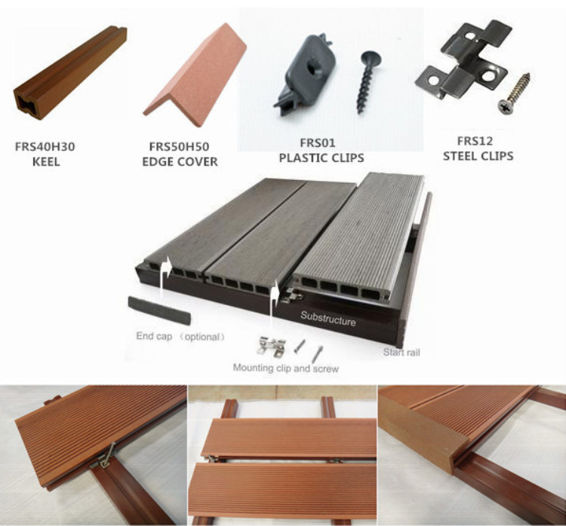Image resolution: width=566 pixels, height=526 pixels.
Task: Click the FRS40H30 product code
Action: (x=45, y=147)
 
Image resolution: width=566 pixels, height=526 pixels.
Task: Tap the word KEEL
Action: (x=46, y=161)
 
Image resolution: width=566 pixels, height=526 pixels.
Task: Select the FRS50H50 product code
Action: (x=179, y=147)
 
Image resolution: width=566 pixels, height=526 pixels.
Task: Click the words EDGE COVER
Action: (x=180, y=161)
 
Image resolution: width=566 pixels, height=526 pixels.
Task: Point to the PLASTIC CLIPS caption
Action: (x=321, y=158)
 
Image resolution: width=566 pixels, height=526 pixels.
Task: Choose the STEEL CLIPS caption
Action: (x=478, y=156)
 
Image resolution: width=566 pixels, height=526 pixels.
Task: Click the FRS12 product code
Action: (x=475, y=141)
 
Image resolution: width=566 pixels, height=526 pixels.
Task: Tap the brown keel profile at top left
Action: (x=70, y=72)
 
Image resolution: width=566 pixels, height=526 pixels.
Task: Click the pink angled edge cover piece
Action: (x=195, y=75)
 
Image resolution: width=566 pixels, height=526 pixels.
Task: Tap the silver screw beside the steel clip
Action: (x=514, y=93)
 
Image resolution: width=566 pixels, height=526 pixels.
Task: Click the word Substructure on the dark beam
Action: (x=328, y=319)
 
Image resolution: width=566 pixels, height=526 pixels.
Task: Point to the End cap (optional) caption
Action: (x=180, y=337)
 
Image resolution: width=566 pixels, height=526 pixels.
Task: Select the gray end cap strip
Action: (x=159, y=310)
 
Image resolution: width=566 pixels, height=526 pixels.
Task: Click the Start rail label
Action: (x=401, y=352)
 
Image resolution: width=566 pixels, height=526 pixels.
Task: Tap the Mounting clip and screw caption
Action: (x=285, y=369)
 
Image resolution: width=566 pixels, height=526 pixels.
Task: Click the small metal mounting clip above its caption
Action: (x=272, y=347)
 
